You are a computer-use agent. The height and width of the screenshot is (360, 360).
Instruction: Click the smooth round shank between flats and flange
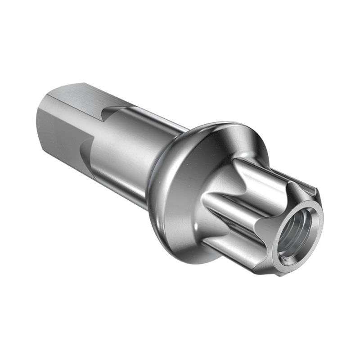pos(126,148)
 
